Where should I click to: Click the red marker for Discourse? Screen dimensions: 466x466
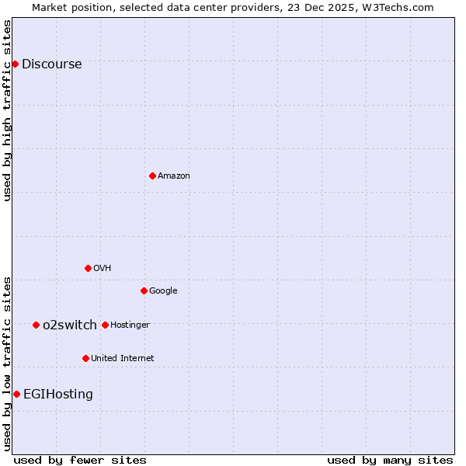pyautogui.click(x=15, y=64)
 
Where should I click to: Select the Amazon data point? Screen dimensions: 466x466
pyautogui.click(x=152, y=176)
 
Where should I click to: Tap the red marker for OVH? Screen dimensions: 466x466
pyautogui.click(x=88, y=268)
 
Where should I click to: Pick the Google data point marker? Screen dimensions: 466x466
pyautogui.click(x=144, y=290)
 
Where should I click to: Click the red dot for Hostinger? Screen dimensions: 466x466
pyautogui.click(x=105, y=325)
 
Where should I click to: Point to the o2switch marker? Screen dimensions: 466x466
pyautogui.click(x=36, y=325)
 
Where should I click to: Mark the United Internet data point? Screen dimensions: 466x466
pyautogui.click(x=85, y=358)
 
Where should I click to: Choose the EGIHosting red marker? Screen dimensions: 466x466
pyautogui.click(x=16, y=394)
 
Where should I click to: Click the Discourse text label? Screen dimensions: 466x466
pyautogui.click(x=51, y=64)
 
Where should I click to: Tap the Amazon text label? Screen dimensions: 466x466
pyautogui.click(x=173, y=176)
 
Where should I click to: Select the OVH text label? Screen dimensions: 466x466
pyautogui.click(x=102, y=269)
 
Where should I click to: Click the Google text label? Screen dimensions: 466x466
pyautogui.click(x=163, y=291)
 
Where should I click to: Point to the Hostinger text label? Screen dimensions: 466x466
pyautogui.click(x=130, y=325)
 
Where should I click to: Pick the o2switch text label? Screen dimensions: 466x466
pyautogui.click(x=70, y=325)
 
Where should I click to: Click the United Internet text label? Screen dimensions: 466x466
pyautogui.click(x=122, y=359)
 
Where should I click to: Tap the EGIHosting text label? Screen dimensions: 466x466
pyautogui.click(x=57, y=395)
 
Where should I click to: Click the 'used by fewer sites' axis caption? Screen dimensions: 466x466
pyautogui.click(x=79, y=460)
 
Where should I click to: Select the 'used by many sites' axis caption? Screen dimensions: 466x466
pyautogui.click(x=389, y=460)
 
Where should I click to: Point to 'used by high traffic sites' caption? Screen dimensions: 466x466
pyautogui.click(x=7, y=110)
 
